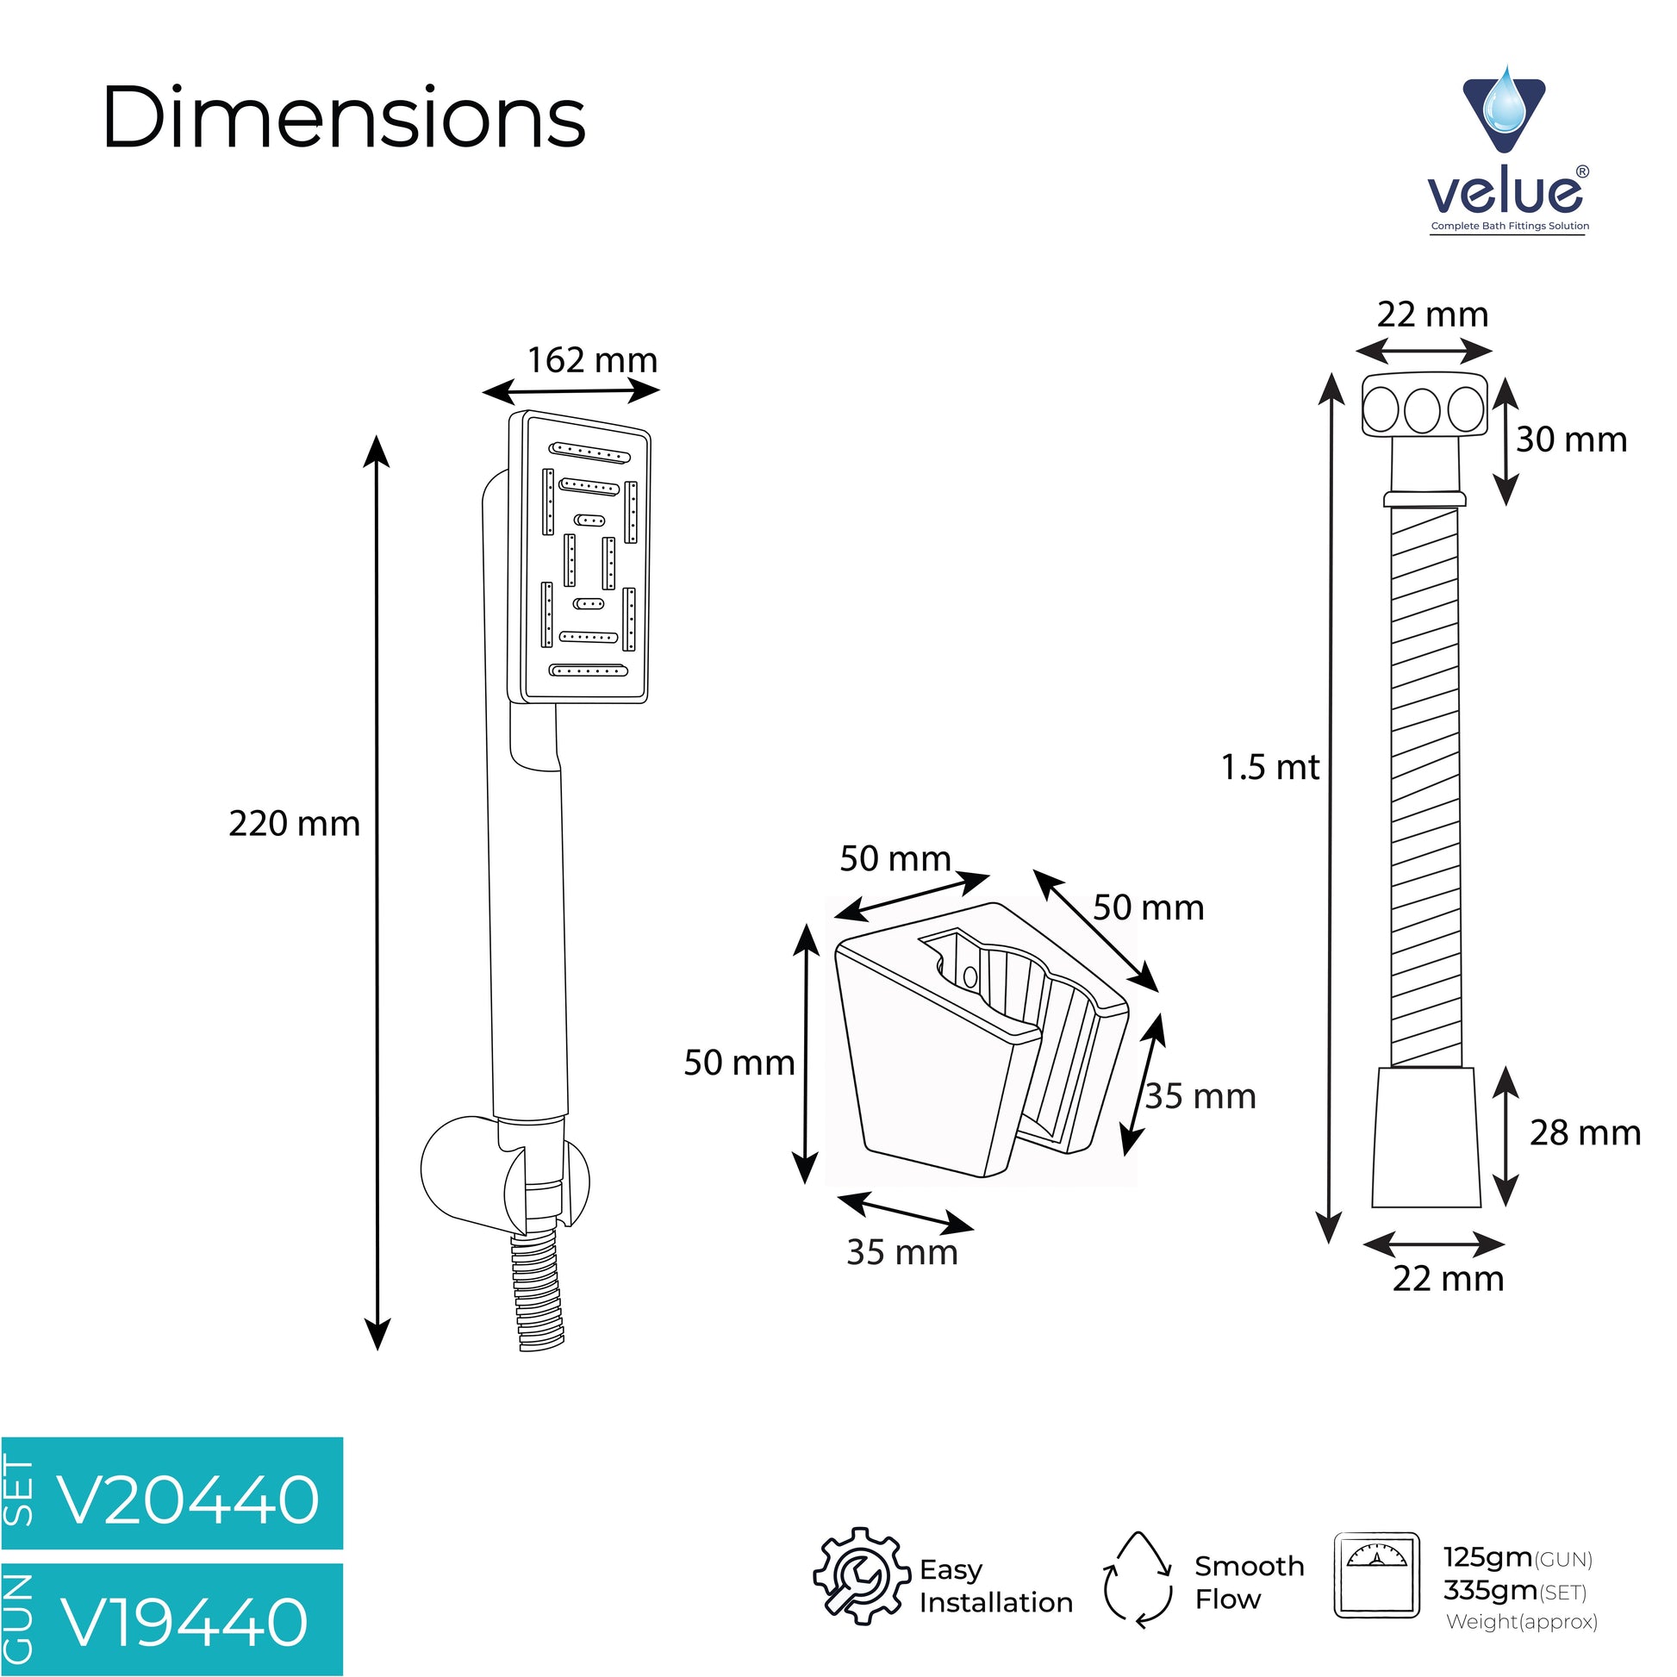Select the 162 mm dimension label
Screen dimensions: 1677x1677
(x=592, y=359)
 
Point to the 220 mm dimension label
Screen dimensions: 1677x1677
(x=294, y=823)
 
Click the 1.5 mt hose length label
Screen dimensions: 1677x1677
(x=1270, y=766)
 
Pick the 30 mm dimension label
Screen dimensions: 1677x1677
(x=1571, y=440)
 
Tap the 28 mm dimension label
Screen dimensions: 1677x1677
(x=1585, y=1132)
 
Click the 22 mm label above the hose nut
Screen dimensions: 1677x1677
(x=1433, y=314)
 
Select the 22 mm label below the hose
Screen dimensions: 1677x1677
(x=1448, y=1278)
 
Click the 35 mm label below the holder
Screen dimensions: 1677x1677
(x=902, y=1251)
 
